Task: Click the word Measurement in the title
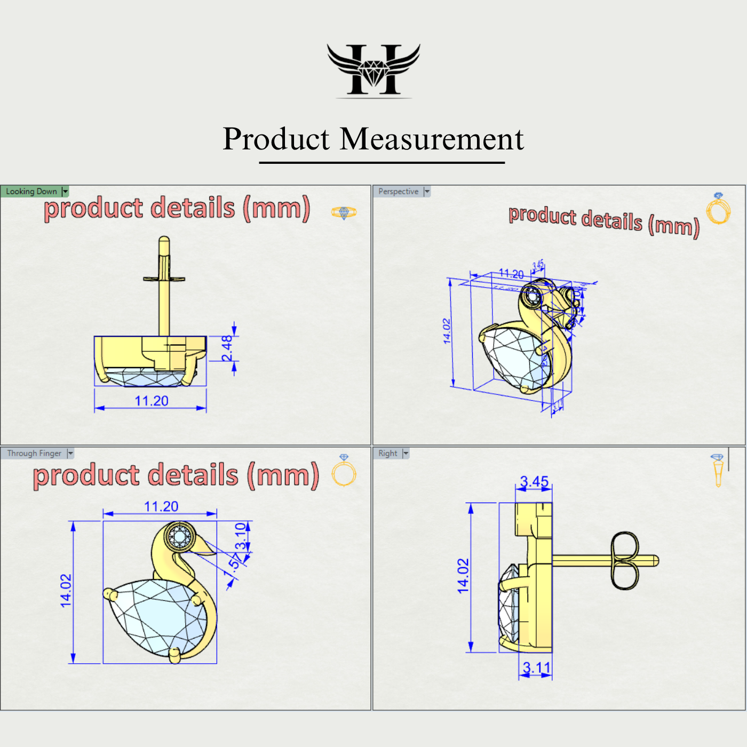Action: click(x=432, y=139)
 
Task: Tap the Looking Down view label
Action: click(x=31, y=192)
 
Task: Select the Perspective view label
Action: click(x=398, y=192)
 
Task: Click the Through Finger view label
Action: click(x=34, y=454)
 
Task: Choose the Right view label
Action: click(x=388, y=454)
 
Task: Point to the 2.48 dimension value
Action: click(x=227, y=348)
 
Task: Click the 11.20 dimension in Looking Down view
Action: click(x=151, y=401)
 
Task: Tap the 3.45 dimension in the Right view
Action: click(x=534, y=482)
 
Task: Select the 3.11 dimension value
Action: click(x=536, y=667)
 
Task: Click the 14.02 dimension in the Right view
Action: click(x=463, y=576)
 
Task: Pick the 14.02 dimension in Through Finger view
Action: click(x=66, y=591)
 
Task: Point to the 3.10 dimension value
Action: click(x=241, y=536)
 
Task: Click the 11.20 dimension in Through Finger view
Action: click(x=161, y=506)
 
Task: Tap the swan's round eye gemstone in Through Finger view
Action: click(x=180, y=535)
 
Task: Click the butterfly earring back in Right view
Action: click(x=624, y=560)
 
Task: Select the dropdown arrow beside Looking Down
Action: click(x=65, y=192)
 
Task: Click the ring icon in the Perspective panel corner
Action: click(x=718, y=209)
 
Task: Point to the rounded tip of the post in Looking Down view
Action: click(x=164, y=241)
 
